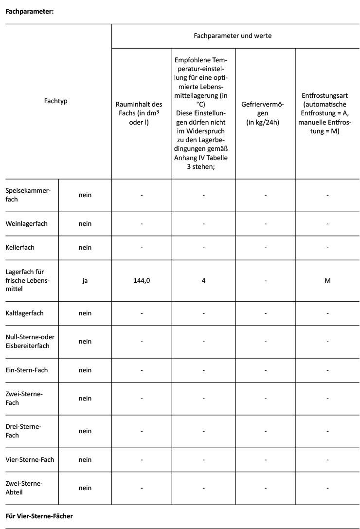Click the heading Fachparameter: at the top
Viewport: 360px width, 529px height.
tap(29, 12)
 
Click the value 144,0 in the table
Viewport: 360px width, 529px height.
tap(142, 280)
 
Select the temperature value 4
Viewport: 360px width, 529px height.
tap(203, 280)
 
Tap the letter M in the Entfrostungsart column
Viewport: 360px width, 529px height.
tap(327, 280)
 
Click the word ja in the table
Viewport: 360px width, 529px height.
tap(85, 280)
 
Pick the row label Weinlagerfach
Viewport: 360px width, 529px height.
tap(27, 224)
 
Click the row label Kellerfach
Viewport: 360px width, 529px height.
tap(20, 247)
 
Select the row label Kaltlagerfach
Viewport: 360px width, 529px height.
tap(25, 313)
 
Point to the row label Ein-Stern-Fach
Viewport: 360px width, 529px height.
tap(27, 370)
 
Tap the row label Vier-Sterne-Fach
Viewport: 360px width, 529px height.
tap(30, 459)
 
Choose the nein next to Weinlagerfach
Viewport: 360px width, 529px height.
tap(85, 224)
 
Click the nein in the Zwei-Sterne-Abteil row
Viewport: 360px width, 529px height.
tap(85, 488)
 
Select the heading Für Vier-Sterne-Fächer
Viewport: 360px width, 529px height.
tap(39, 516)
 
